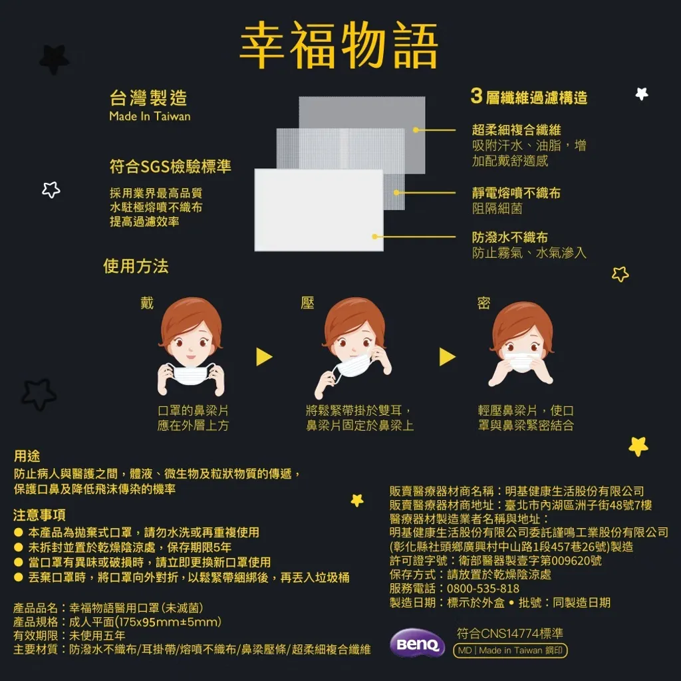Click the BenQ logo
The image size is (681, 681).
418,643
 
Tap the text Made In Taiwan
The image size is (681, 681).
150,116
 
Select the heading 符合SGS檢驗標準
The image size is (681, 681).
170,166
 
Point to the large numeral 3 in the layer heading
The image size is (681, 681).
476,96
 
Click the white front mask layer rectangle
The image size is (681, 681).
319,209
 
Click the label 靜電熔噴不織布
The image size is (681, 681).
516,193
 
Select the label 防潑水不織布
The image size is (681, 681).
510,237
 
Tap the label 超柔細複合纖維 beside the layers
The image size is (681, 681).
516,130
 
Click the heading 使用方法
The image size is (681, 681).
136,266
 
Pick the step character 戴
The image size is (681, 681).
147,303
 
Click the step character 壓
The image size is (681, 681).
307,303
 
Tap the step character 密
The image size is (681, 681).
484,303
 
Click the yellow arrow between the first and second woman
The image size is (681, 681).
263,357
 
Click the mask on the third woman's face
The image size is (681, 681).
521,361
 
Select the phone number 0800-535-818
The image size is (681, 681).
483,589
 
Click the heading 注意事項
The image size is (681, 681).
39,515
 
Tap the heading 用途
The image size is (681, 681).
27,456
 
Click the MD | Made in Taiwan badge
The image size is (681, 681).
510,650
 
